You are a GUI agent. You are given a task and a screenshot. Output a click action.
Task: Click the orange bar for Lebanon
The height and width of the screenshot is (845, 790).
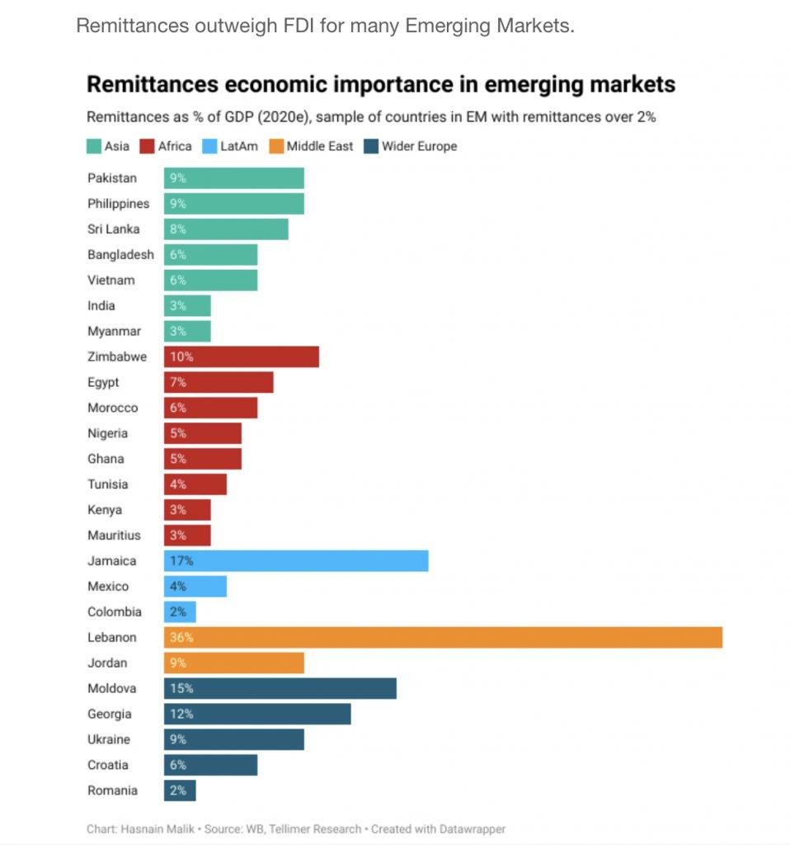click(x=443, y=637)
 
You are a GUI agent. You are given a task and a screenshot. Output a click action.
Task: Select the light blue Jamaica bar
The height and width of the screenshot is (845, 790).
click(x=296, y=560)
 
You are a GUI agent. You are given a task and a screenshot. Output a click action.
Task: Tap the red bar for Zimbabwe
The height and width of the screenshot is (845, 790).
click(x=241, y=356)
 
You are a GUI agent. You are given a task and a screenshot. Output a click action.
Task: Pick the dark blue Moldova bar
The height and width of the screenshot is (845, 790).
click(x=280, y=688)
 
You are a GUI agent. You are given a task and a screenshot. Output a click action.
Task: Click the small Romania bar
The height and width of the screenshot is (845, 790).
click(x=180, y=791)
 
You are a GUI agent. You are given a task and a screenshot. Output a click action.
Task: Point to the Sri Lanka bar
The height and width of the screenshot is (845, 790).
click(x=226, y=229)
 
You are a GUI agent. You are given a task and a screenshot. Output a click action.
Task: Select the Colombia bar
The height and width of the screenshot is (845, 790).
click(x=180, y=611)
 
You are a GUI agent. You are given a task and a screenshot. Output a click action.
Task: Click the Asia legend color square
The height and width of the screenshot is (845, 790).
click(x=94, y=146)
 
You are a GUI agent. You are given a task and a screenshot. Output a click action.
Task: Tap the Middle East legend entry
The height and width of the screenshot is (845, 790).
click(x=320, y=146)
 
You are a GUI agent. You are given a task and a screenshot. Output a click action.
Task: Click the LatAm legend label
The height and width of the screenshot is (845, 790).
click(x=239, y=146)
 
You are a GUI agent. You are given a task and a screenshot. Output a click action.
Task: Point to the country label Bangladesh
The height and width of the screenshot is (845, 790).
click(x=120, y=254)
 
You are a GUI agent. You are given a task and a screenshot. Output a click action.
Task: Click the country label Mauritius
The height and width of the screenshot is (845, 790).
click(x=114, y=535)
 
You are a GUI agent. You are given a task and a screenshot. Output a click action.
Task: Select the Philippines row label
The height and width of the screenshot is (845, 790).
click(x=119, y=203)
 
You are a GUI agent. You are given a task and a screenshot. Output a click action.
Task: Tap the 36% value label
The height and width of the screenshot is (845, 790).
click(x=181, y=637)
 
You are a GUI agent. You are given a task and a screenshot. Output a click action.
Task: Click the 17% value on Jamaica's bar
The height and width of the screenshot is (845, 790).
click(x=181, y=560)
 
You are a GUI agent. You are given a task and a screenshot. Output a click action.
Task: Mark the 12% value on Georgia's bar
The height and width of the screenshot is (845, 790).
click(x=181, y=714)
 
